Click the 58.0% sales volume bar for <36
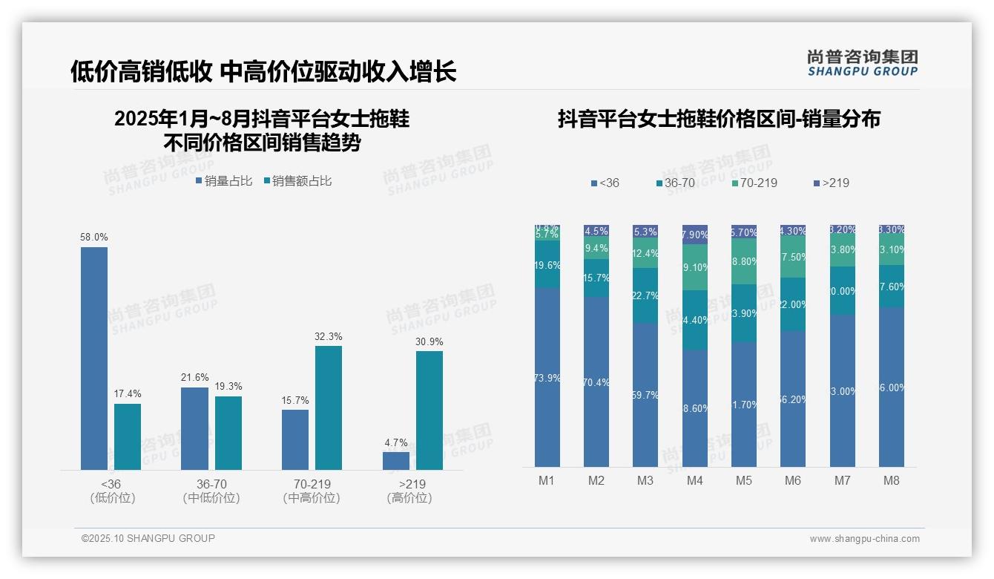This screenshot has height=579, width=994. coord(94,358)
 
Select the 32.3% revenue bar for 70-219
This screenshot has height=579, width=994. coord(329,408)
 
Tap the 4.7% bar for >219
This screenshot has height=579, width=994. coord(396,460)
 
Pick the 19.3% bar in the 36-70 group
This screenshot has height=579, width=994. coord(228,433)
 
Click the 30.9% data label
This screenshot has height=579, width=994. coord(429,341)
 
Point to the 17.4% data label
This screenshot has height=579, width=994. coord(127,393)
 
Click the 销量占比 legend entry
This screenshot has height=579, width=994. coord(224,181)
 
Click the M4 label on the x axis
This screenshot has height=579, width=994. coord(694,480)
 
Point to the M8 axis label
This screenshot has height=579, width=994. coord(891,480)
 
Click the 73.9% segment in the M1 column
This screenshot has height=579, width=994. coord(547,378)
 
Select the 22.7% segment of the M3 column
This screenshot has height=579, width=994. coord(645,295)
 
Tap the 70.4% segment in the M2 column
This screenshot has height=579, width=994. coord(596,382)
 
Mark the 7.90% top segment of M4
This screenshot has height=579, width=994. coord(695,235)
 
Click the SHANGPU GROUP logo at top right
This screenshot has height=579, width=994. coord(862,64)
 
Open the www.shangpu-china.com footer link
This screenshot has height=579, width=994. coord(864,539)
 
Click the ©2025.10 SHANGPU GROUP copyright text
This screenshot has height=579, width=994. coord(148,538)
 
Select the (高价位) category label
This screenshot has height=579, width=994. coord(409,498)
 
